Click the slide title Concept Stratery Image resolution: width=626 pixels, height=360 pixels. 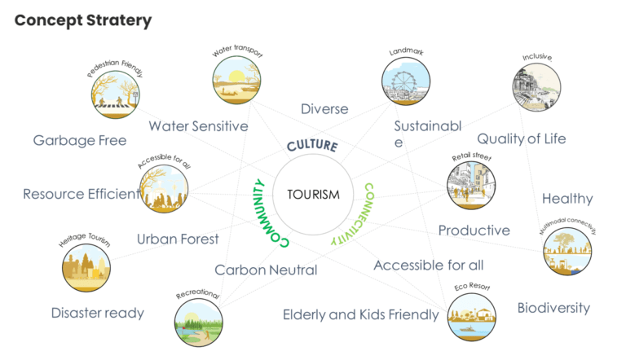(x=83, y=20)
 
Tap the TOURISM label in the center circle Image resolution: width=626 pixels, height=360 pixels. (x=313, y=194)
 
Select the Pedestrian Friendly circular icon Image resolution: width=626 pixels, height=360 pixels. (x=115, y=94)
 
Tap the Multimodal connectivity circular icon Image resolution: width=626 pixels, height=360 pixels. (x=567, y=250)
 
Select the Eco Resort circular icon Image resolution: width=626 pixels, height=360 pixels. (x=472, y=317)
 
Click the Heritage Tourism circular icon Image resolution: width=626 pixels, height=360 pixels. (x=86, y=268)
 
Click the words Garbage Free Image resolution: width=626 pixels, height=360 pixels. (x=80, y=140)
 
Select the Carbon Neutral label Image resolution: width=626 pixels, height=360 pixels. (x=266, y=270)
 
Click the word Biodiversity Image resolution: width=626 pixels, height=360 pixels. (x=553, y=307)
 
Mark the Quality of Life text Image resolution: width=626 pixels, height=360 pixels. (x=533, y=138)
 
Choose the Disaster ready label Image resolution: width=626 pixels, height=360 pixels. (x=97, y=312)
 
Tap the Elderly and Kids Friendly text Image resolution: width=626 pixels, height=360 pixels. (x=360, y=314)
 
